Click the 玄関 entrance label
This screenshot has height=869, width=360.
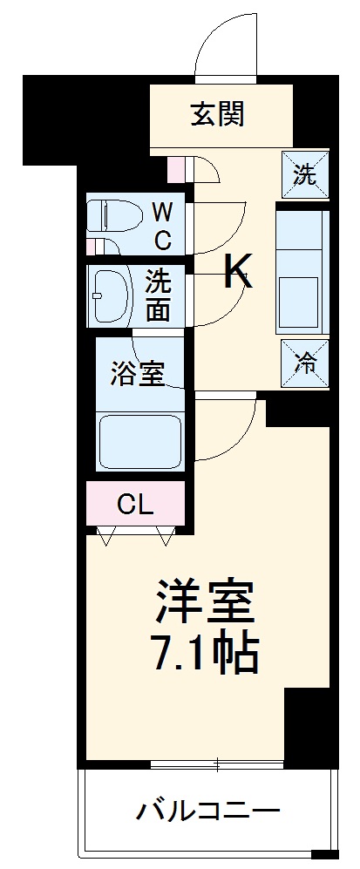coord(217,113)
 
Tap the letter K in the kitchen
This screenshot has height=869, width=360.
coord(238,273)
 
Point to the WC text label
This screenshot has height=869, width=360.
coord(163,224)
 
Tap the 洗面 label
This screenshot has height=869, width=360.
coord(158,295)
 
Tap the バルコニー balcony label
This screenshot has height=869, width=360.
coord(207,812)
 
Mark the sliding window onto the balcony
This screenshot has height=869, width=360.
coord(217,764)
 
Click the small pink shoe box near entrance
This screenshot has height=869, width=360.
coord(175,166)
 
